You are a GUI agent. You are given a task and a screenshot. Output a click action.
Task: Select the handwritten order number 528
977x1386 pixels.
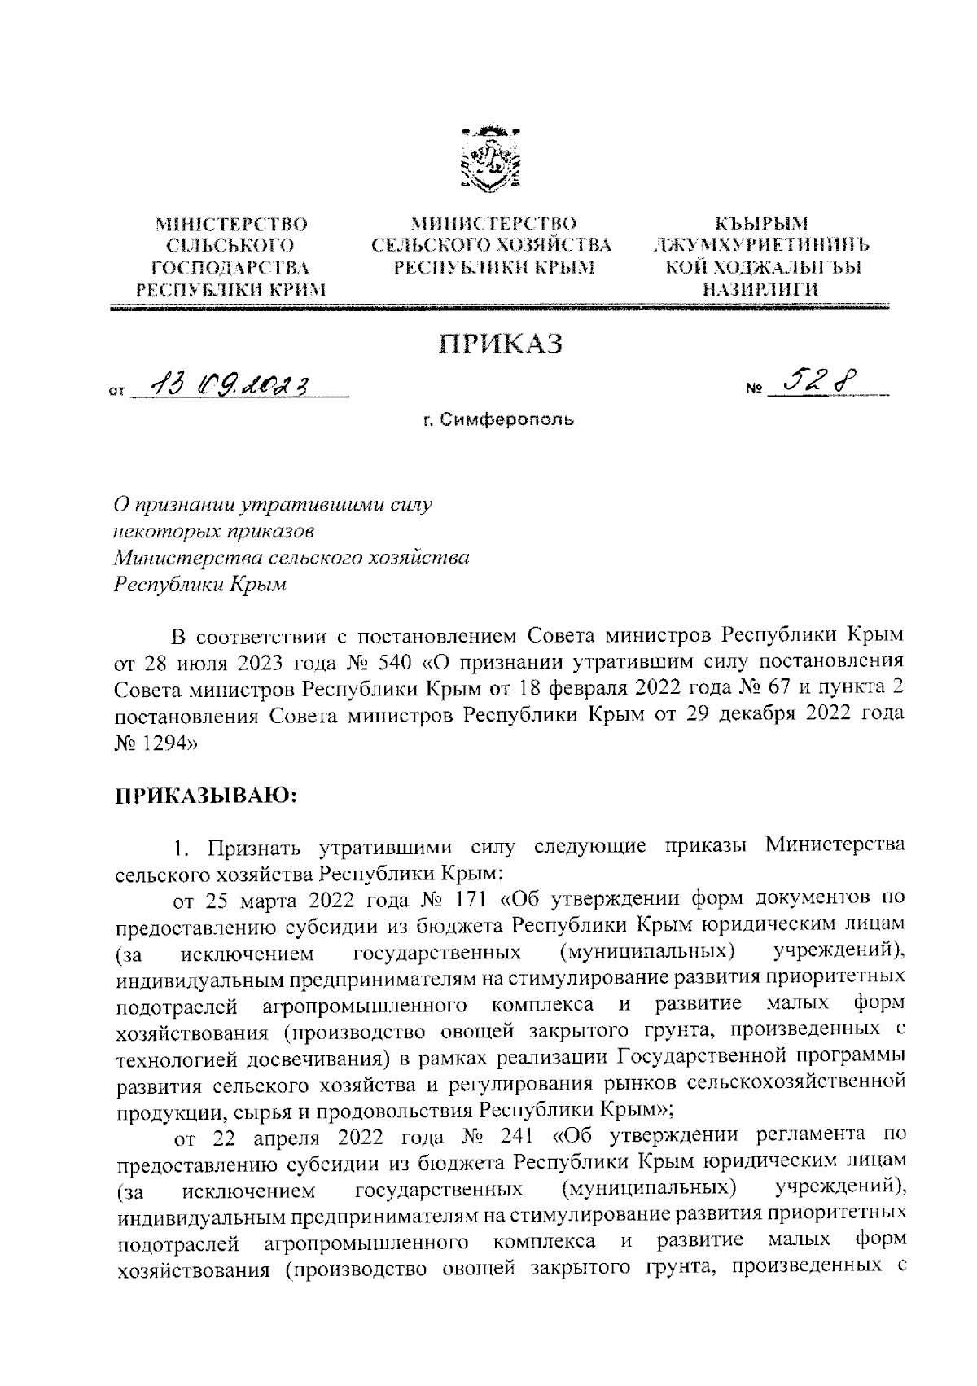(x=821, y=380)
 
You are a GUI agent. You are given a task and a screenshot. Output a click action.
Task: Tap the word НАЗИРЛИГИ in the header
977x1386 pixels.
(x=761, y=288)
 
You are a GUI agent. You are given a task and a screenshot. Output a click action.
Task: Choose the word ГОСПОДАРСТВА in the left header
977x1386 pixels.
(x=230, y=266)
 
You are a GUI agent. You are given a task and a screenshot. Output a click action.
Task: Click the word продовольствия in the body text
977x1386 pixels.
(x=371, y=1109)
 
